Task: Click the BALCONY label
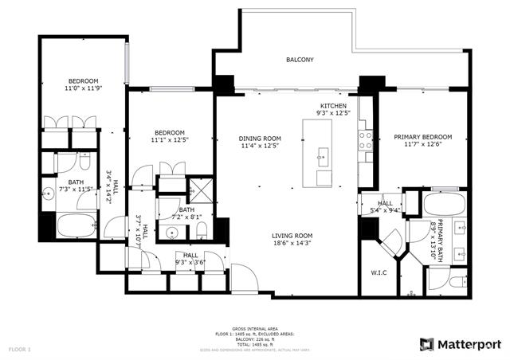point(300,60)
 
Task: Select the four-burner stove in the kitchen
point(367,140)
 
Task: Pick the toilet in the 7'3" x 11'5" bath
point(84,162)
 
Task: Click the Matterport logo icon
point(427,344)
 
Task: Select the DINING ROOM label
point(261,138)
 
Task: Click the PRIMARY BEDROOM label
point(422,137)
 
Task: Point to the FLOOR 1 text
point(19,349)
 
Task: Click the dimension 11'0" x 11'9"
point(82,89)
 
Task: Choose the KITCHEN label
point(335,106)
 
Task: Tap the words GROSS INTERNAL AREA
point(254,328)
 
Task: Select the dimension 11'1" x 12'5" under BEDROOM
point(170,141)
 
